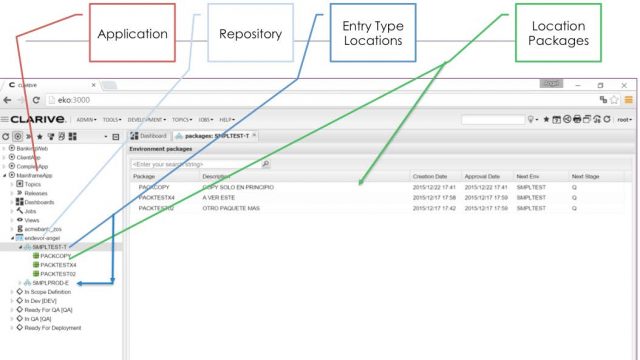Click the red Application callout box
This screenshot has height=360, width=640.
[x=132, y=32]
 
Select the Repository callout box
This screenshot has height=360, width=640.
[x=250, y=32]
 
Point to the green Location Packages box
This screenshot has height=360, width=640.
[x=559, y=32]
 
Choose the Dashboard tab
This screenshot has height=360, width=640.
[x=150, y=135]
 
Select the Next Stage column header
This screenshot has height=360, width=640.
[x=585, y=176]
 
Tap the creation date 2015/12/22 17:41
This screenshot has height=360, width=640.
[x=432, y=186]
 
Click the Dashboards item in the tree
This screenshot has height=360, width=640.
[x=42, y=201]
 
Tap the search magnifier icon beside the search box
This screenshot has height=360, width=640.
[x=265, y=164]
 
